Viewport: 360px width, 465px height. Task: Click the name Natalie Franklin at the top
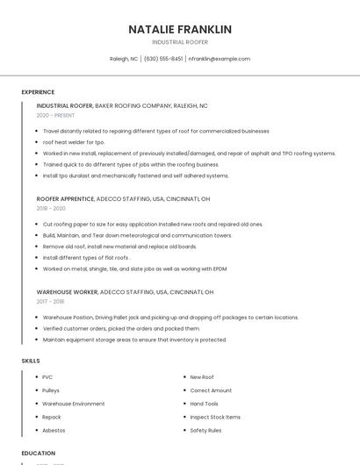[180, 29]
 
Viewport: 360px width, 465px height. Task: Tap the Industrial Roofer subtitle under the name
[180, 42]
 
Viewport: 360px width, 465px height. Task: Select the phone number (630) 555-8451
[163, 59]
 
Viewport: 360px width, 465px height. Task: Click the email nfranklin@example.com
[220, 59]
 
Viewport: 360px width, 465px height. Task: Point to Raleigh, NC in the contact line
[124, 59]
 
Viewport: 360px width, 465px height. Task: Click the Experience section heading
[38, 92]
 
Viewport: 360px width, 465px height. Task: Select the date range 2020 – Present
[55, 115]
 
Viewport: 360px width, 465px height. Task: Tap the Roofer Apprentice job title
[66, 198]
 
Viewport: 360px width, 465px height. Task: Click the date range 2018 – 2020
[51, 209]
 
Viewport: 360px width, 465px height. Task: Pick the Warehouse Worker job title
[67, 291]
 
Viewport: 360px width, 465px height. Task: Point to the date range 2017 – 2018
[50, 302]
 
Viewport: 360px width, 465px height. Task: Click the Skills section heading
[31, 361]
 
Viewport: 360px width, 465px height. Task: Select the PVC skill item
[47, 377]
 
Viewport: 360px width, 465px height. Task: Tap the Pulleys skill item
[51, 390]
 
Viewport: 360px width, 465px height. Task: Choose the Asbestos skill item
[53, 431]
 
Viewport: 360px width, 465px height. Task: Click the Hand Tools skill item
[204, 404]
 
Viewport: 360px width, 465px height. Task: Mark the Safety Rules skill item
[205, 431]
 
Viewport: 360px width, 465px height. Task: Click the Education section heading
[38, 454]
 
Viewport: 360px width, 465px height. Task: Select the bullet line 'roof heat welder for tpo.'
[74, 142]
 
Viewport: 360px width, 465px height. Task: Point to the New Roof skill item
[202, 377]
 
